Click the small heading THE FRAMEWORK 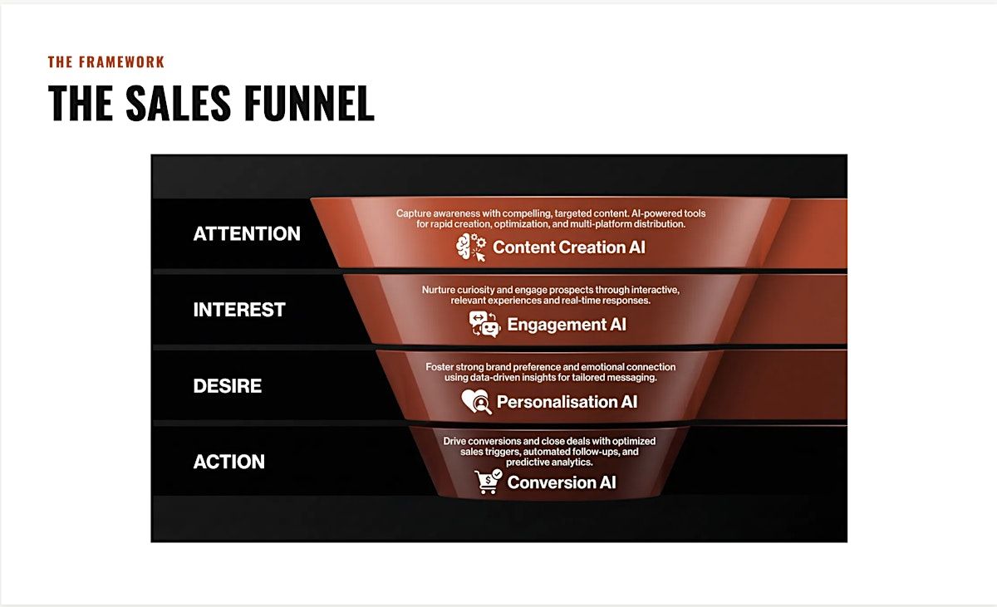(x=106, y=61)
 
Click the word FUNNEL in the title (x=309, y=103)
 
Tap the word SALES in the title (x=178, y=103)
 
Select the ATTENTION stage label (x=247, y=233)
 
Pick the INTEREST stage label (x=239, y=310)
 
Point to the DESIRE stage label (x=228, y=385)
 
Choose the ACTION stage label (x=228, y=462)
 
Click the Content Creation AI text (x=569, y=247)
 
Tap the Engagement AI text (x=567, y=325)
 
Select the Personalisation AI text (x=567, y=402)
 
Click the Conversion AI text (x=562, y=482)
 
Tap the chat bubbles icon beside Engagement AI (x=484, y=324)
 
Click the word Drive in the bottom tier (x=454, y=441)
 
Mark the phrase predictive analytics (x=549, y=463)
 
